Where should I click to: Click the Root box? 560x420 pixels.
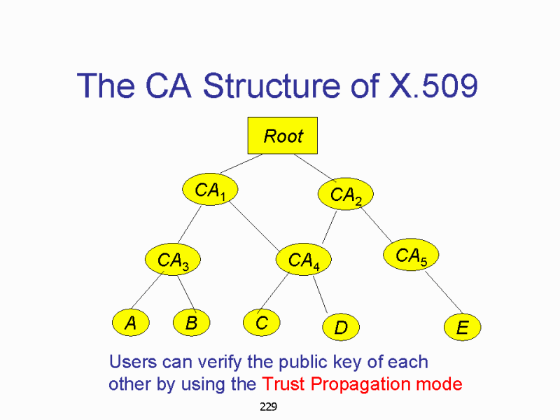pos(283,135)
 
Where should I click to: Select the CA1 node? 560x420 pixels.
pos(209,189)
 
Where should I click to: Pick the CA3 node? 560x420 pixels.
pos(172,260)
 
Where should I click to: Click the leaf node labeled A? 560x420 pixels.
pos(129,323)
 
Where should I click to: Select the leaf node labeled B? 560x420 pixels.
pos(190,323)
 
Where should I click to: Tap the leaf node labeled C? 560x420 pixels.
pos(261,323)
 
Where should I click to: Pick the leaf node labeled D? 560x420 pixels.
pos(341,326)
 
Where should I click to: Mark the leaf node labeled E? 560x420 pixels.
pos(462,327)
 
